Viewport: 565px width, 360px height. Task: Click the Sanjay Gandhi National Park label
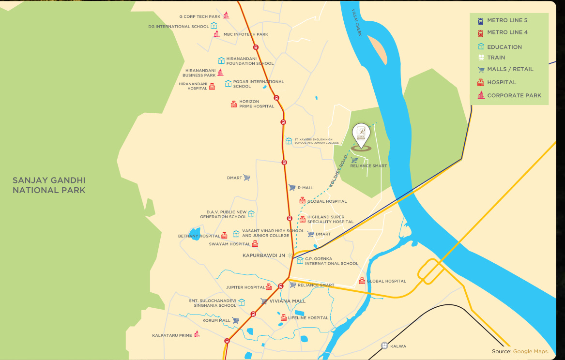(x=49, y=185)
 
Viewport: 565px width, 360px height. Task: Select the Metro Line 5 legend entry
(x=507, y=20)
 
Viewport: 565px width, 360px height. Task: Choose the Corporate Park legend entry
(x=514, y=95)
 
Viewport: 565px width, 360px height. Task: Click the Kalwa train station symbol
(x=384, y=345)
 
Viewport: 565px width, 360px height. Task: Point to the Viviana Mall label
(x=288, y=301)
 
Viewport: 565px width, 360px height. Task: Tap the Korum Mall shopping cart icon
(x=236, y=320)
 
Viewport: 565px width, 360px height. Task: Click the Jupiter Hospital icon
(x=269, y=287)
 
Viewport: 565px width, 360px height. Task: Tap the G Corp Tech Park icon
(x=226, y=15)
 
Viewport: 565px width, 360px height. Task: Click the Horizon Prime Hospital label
(x=257, y=104)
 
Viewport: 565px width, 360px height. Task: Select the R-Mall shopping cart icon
(x=292, y=187)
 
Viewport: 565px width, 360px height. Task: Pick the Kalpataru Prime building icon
(x=197, y=334)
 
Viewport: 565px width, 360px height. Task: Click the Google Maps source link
(x=531, y=351)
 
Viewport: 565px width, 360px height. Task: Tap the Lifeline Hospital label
(x=308, y=318)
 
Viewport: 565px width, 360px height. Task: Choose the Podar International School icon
(x=228, y=84)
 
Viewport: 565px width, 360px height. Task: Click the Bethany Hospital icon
(x=224, y=236)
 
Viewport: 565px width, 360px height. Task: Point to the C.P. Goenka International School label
(x=331, y=261)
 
